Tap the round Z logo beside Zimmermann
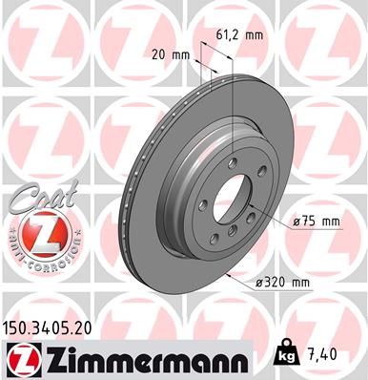coord(22,357)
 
